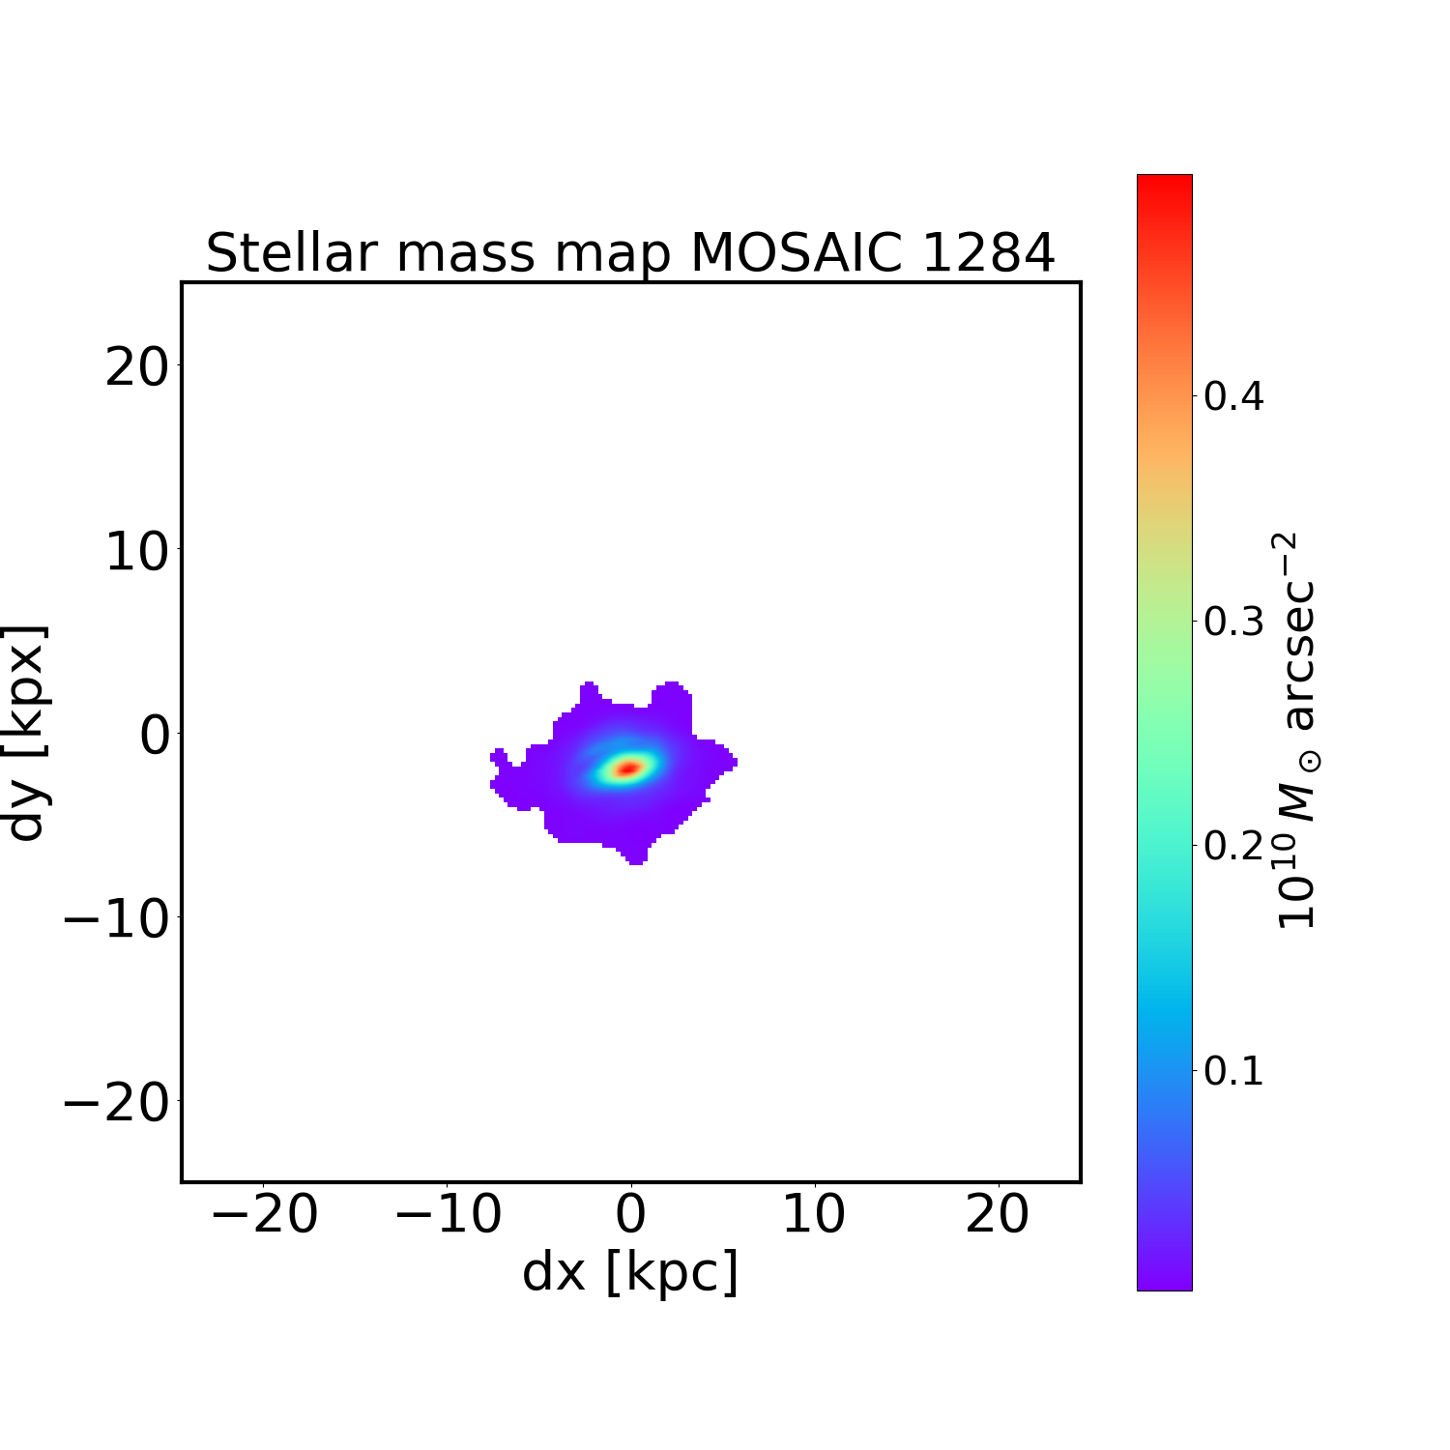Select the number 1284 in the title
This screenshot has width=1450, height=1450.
pyautogui.click(x=988, y=253)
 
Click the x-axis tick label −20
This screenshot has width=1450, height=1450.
pyautogui.click(x=263, y=1215)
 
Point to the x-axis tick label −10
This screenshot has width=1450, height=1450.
pyautogui.click(x=448, y=1215)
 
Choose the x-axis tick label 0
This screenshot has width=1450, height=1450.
pyautogui.click(x=630, y=1215)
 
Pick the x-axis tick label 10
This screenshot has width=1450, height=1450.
pyautogui.click(x=814, y=1215)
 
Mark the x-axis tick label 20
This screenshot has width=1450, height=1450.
pyautogui.click(x=998, y=1215)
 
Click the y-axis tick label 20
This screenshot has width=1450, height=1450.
pyautogui.click(x=136, y=367)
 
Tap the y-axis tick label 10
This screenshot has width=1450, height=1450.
pyautogui.click(x=136, y=551)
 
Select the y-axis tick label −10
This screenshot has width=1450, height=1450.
pyautogui.click(x=116, y=918)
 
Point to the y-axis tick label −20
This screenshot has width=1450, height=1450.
pyautogui.click(x=116, y=1102)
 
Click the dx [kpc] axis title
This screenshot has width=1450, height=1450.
pyautogui.click(x=630, y=1272)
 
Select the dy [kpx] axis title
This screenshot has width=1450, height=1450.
pyautogui.click(x=26, y=733)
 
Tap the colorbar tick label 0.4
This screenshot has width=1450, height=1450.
pyautogui.click(x=1233, y=396)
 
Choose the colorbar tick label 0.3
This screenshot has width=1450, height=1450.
pyautogui.click(x=1233, y=622)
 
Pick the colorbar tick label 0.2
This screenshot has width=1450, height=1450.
pyautogui.click(x=1233, y=846)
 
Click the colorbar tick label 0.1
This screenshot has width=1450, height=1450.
pyautogui.click(x=1233, y=1071)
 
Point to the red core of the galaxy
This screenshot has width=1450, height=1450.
pyautogui.click(x=628, y=768)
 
